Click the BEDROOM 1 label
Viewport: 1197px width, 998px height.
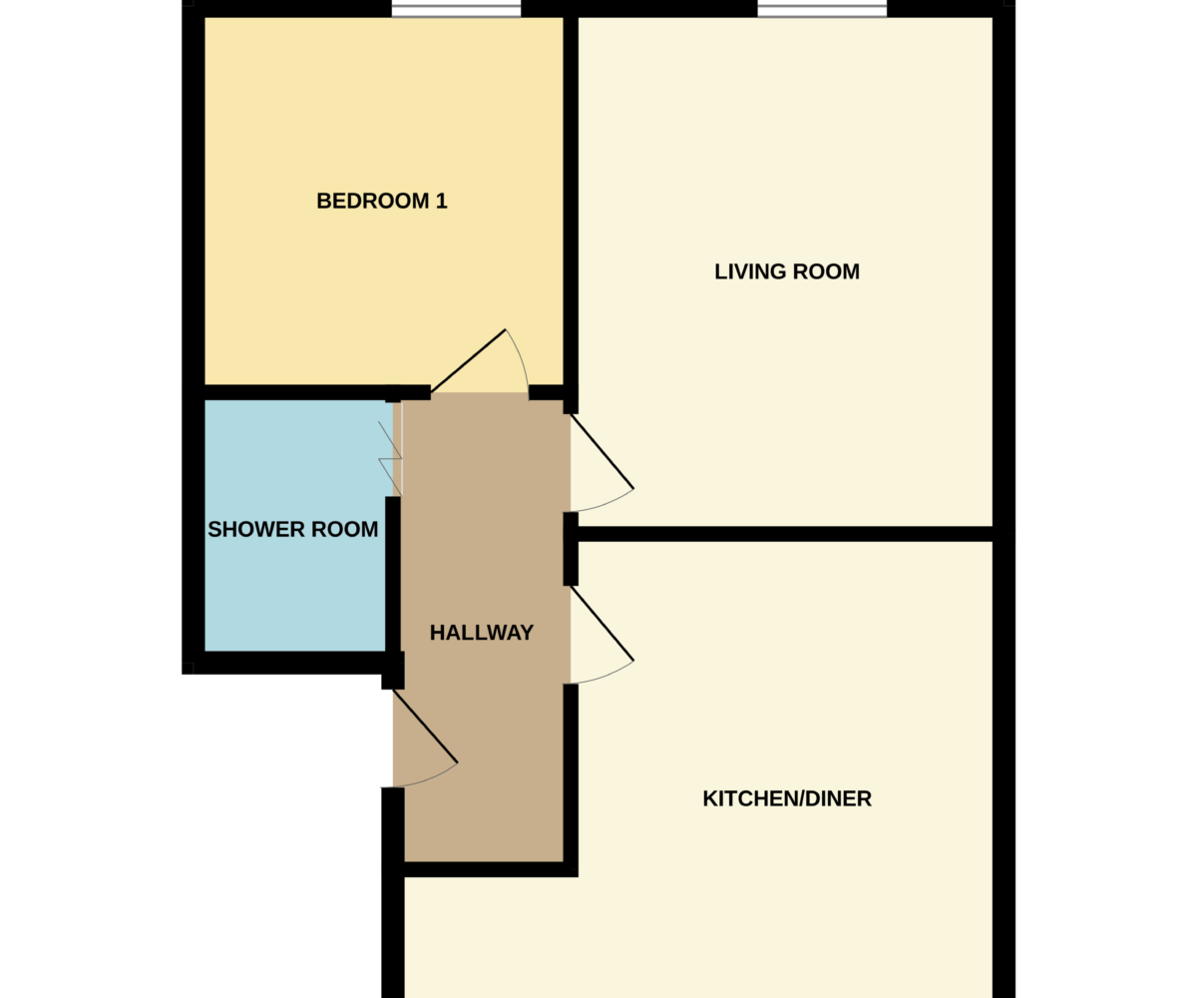[x=382, y=201]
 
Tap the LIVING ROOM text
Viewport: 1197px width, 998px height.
[x=787, y=271]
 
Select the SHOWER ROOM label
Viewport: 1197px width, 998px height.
[x=293, y=529]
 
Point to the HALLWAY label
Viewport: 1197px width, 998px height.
[x=482, y=632]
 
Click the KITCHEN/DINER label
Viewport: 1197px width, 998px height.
[x=787, y=798]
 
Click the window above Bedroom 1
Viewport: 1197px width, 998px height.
[x=456, y=10]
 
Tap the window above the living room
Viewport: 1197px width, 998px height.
[x=822, y=10]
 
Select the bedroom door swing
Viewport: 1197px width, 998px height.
[x=479, y=361]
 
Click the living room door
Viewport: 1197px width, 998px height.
[x=601, y=462]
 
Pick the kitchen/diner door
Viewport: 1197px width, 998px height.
[x=601, y=635]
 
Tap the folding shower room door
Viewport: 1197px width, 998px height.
[x=391, y=458]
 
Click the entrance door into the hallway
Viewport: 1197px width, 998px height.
[x=425, y=738]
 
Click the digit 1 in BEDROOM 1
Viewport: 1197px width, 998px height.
[x=442, y=201]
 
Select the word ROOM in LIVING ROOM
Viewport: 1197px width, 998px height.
[x=826, y=271]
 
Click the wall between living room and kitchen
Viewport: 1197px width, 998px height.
[x=785, y=534]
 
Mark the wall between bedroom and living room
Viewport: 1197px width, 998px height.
[x=571, y=201]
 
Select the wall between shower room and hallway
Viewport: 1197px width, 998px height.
[x=393, y=574]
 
